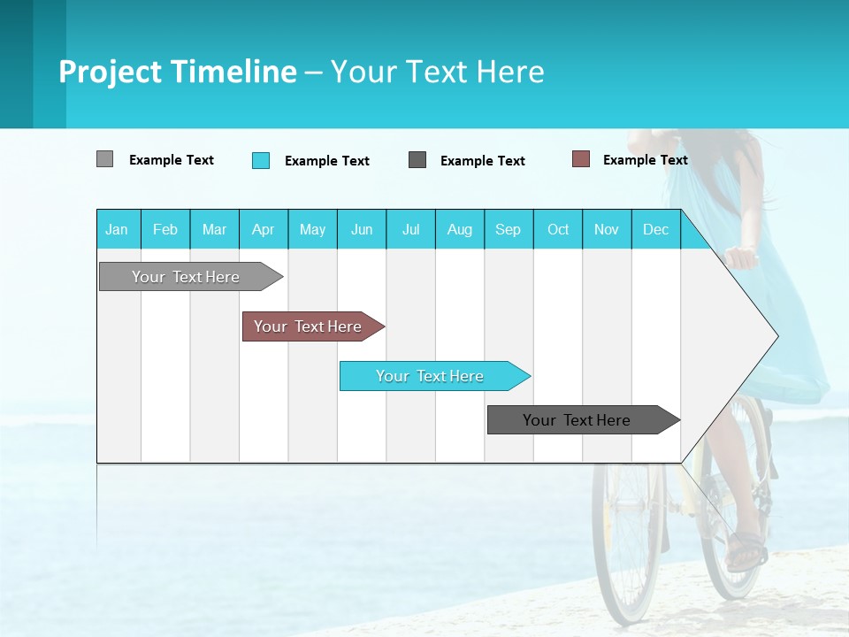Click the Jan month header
tap(117, 229)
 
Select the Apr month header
tap(263, 229)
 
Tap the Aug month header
tap(459, 229)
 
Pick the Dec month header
tap(655, 229)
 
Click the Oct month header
tap(557, 229)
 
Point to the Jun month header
tap(361, 229)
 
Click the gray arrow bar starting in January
tap(186, 277)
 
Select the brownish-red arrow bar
tap(308, 326)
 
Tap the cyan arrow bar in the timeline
tap(430, 376)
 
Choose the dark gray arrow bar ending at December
tap(577, 420)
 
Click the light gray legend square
tap(104, 159)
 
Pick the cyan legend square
tap(260, 160)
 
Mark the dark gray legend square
tap(417, 159)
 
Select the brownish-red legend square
tap(580, 159)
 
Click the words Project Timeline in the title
tap(177, 72)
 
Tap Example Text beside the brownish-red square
tap(645, 160)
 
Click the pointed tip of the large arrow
tap(776, 336)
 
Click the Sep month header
tap(508, 229)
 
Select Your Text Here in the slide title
tap(438, 72)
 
